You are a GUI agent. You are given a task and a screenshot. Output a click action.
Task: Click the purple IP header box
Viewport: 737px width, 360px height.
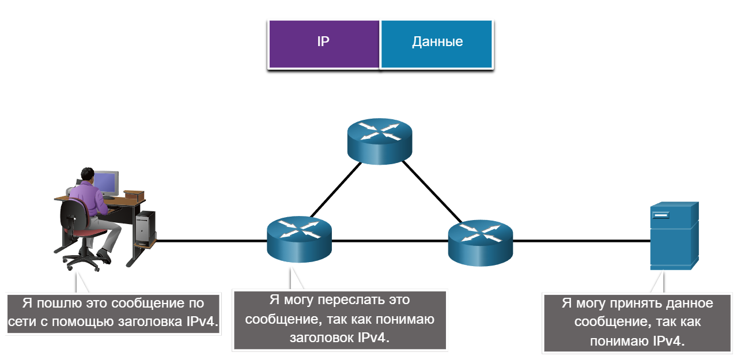click(324, 44)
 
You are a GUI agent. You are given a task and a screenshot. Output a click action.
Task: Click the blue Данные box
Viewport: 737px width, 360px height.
click(437, 44)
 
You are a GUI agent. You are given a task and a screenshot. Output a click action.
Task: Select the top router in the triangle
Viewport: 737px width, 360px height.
click(380, 141)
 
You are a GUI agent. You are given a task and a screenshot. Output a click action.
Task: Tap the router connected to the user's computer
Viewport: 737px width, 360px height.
click(299, 239)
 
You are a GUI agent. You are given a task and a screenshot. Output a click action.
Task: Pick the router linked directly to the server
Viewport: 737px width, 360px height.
click(481, 243)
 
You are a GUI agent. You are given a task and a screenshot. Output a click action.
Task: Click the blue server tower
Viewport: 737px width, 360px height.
click(674, 236)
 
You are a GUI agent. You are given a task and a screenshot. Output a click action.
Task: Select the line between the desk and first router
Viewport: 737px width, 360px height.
click(211, 241)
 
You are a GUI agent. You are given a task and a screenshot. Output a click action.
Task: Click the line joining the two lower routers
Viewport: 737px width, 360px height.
click(390, 241)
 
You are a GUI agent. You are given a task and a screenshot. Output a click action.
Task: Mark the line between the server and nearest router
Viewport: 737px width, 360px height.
click(581, 241)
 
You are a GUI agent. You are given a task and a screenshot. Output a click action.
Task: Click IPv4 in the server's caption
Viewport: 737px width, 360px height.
click(668, 341)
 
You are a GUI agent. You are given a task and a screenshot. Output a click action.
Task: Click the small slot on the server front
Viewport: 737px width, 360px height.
click(661, 215)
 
